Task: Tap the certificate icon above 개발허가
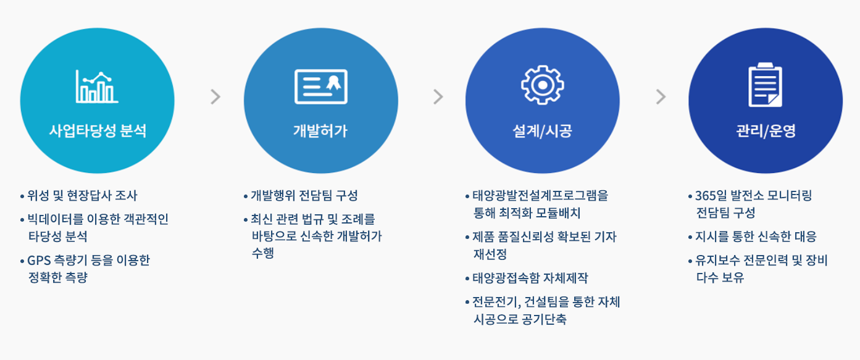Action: point(320,86)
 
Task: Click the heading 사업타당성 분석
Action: point(98,131)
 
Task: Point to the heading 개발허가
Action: point(320,131)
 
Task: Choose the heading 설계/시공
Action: point(543,131)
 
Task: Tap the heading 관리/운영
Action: point(765,131)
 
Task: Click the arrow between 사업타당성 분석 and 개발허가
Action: point(215,97)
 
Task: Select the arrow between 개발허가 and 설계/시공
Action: point(438,97)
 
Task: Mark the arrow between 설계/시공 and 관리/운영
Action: point(661,97)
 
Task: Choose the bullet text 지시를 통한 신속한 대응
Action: point(756,237)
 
